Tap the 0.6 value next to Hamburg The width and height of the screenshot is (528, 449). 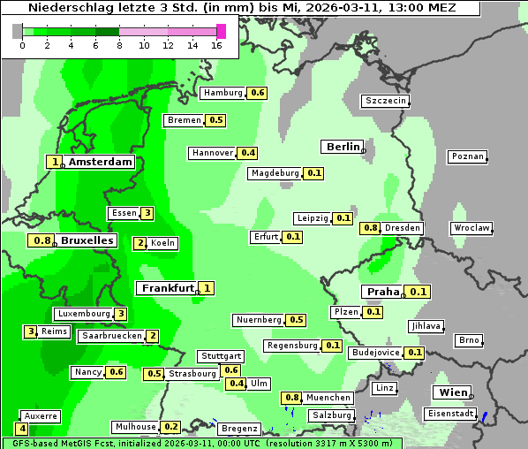tap(258, 93)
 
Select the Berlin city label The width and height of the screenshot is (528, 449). tap(343, 147)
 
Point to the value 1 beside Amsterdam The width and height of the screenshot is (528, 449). tap(56, 162)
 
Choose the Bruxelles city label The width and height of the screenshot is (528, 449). tap(87, 240)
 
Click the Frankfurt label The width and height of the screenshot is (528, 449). tap(167, 288)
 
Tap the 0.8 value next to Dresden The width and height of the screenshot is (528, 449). tap(371, 228)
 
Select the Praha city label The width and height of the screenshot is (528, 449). tap(383, 292)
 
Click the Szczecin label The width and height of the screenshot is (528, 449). tap(385, 101)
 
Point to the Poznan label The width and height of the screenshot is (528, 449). tap(467, 156)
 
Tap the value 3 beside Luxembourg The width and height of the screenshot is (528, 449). tap(121, 314)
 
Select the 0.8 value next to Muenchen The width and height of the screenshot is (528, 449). tap(292, 398)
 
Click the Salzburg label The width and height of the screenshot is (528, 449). tap(331, 415)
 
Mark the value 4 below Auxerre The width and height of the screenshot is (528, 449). tap(22, 429)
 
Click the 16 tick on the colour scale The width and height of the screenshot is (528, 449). tap(216, 45)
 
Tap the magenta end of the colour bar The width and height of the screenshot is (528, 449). tap(221, 31)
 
